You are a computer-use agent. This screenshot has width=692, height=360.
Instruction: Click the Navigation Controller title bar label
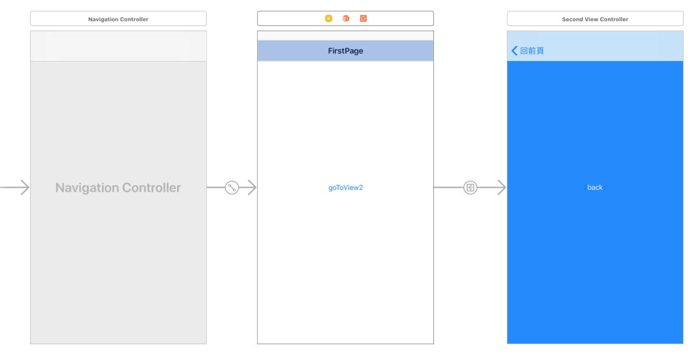click(x=118, y=19)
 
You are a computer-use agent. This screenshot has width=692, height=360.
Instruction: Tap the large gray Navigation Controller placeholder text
click(x=118, y=187)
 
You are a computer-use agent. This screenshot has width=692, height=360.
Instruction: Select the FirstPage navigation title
click(x=345, y=51)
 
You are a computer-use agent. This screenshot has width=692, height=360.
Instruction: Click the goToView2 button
click(x=345, y=187)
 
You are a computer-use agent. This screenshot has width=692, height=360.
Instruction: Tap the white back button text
click(x=595, y=187)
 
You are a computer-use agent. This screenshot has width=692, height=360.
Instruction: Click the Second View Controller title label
click(x=595, y=19)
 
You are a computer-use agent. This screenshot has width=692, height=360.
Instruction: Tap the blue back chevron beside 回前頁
click(x=514, y=51)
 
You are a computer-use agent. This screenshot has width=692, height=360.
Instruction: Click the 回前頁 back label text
click(x=532, y=51)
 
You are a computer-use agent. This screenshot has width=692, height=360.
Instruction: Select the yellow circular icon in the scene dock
click(x=329, y=19)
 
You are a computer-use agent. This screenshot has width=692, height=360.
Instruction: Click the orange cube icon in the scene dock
click(x=346, y=19)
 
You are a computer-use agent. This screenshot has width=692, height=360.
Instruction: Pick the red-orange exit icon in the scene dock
click(x=363, y=19)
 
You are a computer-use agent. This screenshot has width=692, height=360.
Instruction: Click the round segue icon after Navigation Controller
click(x=232, y=187)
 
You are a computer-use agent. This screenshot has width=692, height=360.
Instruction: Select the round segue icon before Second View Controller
click(x=470, y=187)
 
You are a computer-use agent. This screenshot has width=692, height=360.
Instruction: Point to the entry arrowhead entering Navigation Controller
click(x=25, y=187)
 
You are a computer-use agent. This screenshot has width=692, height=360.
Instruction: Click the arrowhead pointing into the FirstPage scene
click(x=252, y=187)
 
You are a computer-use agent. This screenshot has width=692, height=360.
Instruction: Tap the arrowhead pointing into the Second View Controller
click(x=502, y=187)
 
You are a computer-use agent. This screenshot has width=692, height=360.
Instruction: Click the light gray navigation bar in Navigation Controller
click(x=118, y=47)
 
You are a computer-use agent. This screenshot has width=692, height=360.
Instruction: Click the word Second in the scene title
click(x=571, y=19)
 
